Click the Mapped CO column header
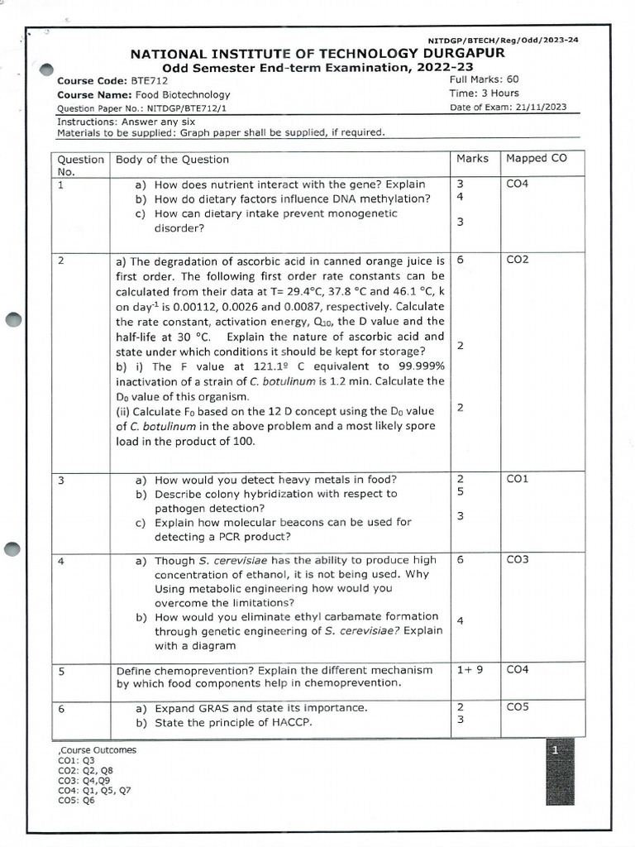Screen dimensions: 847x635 tap(537, 158)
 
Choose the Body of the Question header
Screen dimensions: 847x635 tap(173, 159)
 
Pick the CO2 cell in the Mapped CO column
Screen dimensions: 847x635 tap(517, 260)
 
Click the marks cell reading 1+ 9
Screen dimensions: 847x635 tap(470, 670)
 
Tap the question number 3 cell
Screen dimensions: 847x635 tap(61, 479)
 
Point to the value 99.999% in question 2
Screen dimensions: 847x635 tap(419, 366)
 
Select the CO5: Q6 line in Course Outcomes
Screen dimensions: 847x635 tap(76, 800)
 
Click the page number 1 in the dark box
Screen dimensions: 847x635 tap(557, 750)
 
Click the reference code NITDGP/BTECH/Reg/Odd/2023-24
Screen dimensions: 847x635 tap(504, 41)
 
